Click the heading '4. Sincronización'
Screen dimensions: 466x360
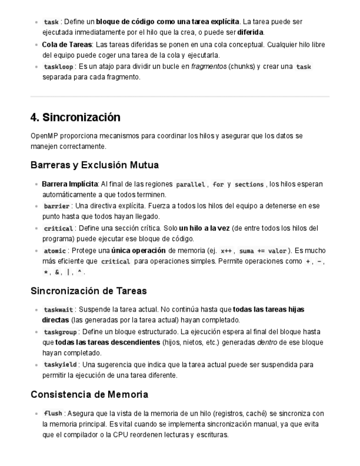(75, 118)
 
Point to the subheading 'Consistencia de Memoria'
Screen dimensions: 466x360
(89, 395)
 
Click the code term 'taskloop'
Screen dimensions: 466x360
(57, 67)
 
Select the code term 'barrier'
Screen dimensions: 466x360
(57, 206)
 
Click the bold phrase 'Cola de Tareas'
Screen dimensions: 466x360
(67, 45)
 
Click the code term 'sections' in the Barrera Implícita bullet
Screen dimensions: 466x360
(249, 185)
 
